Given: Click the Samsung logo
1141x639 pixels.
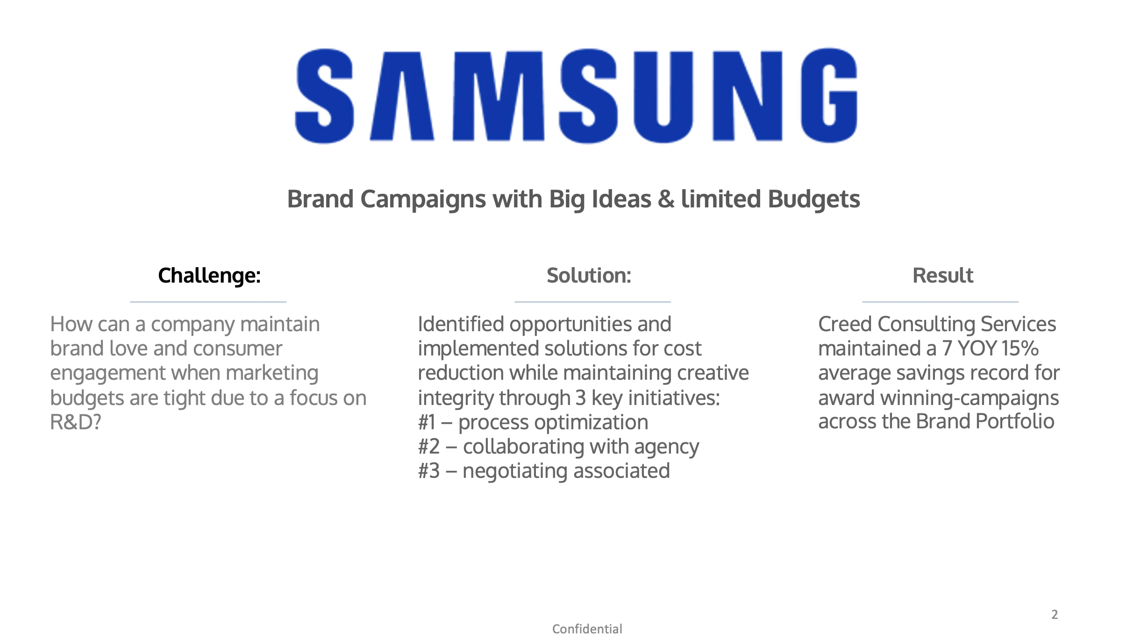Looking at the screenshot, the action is coord(576,96).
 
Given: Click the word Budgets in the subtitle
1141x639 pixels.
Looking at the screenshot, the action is coord(813,200).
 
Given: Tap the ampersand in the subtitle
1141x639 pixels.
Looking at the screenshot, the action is coord(666,199).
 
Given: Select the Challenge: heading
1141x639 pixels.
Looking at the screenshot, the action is coord(209,276).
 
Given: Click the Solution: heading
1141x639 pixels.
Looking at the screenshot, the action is coord(589,276).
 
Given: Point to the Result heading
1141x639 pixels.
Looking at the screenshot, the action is coord(943,276).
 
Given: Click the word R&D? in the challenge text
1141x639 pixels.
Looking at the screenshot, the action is coord(76,422).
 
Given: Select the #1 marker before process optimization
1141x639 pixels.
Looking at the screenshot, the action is coord(427,422).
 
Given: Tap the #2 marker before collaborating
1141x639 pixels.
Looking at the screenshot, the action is coord(429,447).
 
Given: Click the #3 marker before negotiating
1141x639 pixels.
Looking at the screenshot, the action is coord(429,471).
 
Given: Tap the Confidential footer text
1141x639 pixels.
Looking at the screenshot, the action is coord(587,629).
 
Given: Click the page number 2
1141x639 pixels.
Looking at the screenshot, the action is coord(1055,615).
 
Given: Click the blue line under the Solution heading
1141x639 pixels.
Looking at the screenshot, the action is coord(592,302).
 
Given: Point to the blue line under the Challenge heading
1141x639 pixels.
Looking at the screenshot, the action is coord(208,302).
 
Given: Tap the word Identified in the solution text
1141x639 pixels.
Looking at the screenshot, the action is coord(461,324).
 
